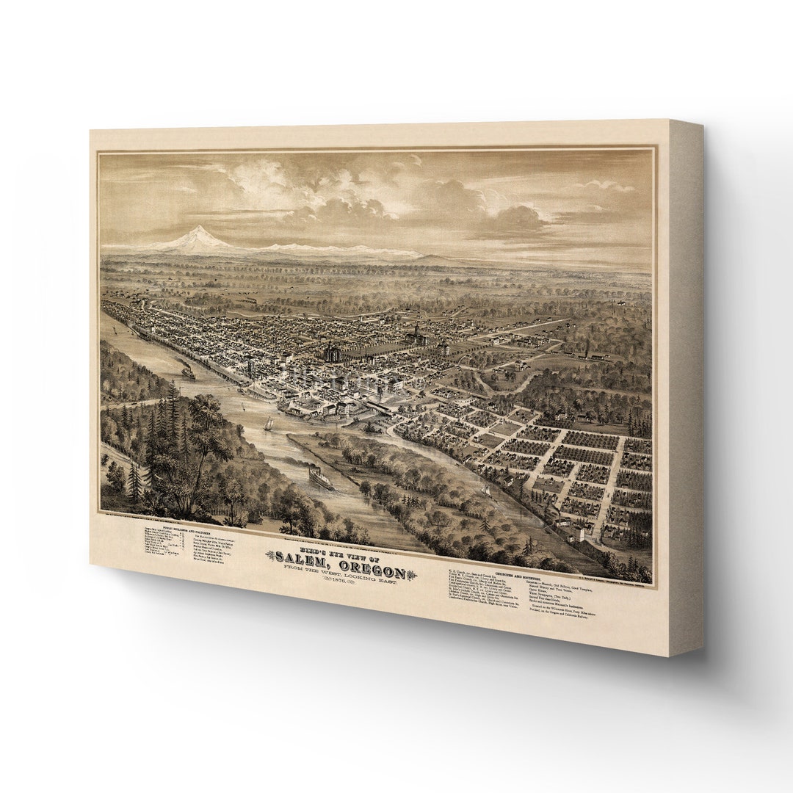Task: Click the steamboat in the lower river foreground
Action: pos(320,478)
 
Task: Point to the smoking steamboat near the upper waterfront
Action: pos(188,372)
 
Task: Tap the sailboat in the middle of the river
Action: pos(268,424)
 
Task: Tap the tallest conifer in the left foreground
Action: pos(172,411)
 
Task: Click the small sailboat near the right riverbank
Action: pos(484,490)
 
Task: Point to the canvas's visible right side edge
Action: pos(685,389)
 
